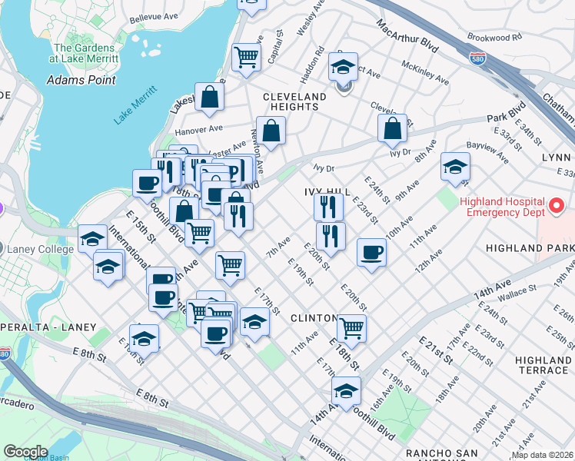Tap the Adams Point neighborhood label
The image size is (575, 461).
coord(81,80)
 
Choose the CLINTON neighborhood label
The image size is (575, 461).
coord(312,318)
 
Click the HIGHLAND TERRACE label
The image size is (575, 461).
coord(543,365)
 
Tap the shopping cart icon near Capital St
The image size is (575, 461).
coord(246,56)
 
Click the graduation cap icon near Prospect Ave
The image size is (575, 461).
coord(344,67)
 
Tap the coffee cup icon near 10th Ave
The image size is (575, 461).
coord(372,253)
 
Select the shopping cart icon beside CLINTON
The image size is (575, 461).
coord(351,327)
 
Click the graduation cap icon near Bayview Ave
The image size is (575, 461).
coord(455,167)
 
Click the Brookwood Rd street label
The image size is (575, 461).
coord(494,36)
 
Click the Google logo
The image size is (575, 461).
coord(25,452)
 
